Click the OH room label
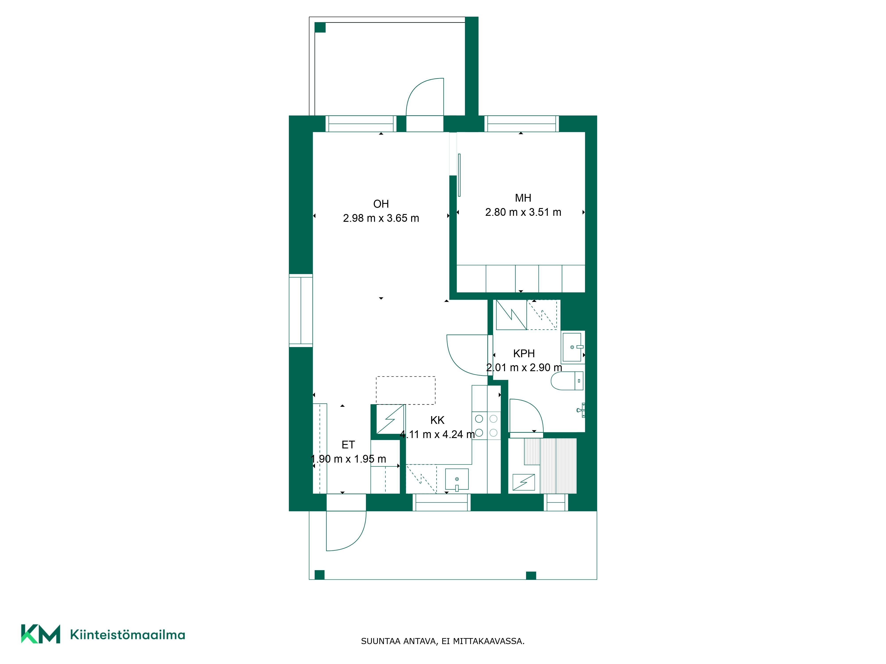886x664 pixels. pyautogui.click(x=381, y=204)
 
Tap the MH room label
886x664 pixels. pyautogui.click(x=523, y=198)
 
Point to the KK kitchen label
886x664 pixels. pyautogui.click(x=437, y=420)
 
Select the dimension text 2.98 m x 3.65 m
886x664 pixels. pyautogui.click(x=381, y=218)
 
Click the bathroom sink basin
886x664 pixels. pyautogui.click(x=572, y=347)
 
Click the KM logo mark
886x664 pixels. pyautogui.click(x=41, y=634)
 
